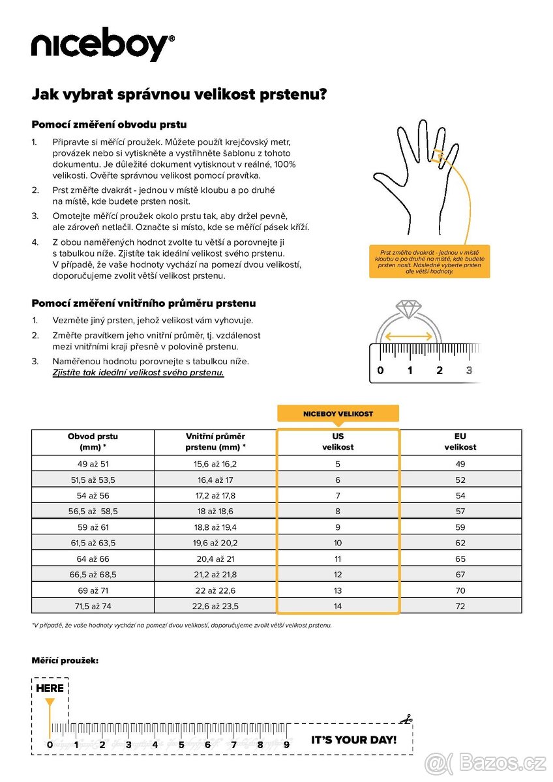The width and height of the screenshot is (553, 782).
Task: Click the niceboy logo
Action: (103, 46)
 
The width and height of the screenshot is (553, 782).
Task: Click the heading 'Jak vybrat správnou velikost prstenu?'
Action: (179, 94)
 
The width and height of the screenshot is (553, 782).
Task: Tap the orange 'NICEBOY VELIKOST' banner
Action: (338, 414)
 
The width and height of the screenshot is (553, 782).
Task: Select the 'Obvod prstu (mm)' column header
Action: (93, 442)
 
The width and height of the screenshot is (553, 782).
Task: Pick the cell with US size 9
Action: (338, 527)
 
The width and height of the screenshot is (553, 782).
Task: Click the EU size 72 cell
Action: (460, 606)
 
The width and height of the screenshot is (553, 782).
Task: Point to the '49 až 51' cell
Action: (93, 464)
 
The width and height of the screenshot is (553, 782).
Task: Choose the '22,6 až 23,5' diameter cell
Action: (215, 606)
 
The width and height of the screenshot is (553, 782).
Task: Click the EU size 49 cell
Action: (460, 464)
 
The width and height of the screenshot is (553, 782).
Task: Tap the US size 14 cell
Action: (338, 606)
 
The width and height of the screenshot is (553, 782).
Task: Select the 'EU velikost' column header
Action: (460, 442)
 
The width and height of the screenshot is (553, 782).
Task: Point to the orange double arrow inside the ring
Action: (408, 336)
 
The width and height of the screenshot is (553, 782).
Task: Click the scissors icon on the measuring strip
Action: (407, 719)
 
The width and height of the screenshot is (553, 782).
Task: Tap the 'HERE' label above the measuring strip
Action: (50, 688)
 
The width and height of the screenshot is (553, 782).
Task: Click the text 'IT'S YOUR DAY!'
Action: (353, 740)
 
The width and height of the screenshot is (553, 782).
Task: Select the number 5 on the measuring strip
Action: (181, 745)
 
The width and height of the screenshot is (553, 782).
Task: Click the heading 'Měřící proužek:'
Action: (65, 661)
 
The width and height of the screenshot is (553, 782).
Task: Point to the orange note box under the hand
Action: (429, 261)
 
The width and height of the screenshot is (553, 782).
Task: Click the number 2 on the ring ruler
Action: (440, 371)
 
